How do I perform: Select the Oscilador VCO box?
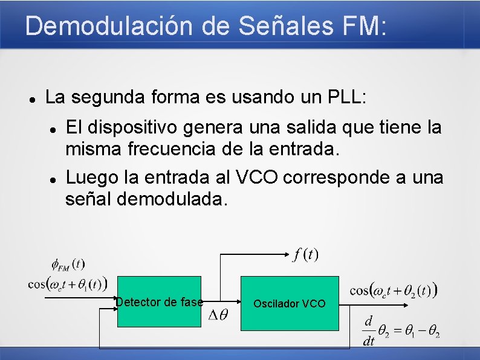coord(290,303)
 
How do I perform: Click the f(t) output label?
coord(306,254)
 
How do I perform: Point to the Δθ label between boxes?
coord(218,315)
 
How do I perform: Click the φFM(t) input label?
coord(68,264)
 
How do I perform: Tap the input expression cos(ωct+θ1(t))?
coord(68,283)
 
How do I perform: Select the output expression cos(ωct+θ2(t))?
coord(394,291)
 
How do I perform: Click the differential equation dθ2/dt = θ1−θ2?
coord(401,330)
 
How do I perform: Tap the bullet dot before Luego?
coord(54,179)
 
